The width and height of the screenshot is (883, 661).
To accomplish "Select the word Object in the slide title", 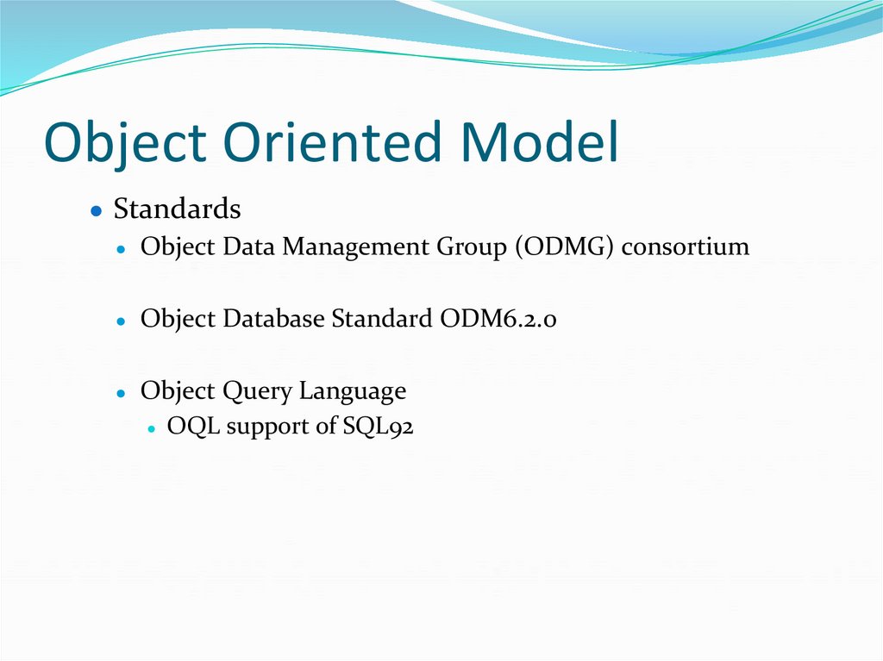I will [126, 145].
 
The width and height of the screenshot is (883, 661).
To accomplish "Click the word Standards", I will [177, 209].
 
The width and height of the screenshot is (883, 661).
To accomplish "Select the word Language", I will [352, 392].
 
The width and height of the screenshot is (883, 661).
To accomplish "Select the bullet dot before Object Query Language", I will [123, 393].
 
